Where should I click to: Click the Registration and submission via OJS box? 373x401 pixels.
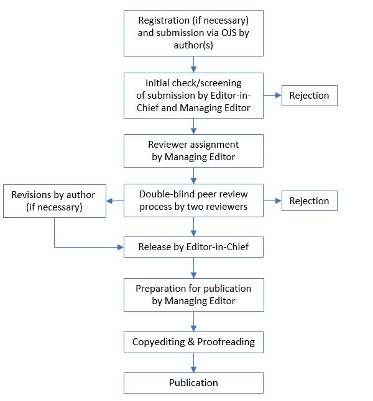(193, 32)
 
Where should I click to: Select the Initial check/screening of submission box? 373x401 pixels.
(193, 96)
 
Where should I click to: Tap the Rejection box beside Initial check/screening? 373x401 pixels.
(309, 96)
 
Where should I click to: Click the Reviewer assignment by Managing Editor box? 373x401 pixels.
(193, 151)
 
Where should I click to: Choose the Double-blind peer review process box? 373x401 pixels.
(193, 200)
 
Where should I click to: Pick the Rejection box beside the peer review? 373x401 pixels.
(309, 201)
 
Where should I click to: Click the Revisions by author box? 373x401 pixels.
(53, 201)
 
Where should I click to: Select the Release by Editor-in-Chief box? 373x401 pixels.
(193, 247)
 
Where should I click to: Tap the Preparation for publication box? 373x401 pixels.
(193, 295)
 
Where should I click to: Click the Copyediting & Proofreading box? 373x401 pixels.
(193, 342)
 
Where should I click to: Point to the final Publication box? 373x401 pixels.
(193, 382)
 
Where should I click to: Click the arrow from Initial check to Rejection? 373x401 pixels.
(272, 96)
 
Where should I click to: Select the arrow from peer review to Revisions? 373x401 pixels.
(114, 201)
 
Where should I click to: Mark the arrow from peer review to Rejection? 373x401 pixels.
(272, 201)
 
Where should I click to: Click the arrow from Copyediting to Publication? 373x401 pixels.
(193, 363)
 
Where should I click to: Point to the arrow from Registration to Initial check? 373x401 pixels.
(193, 64)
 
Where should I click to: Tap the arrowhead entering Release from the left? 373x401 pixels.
(120, 247)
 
